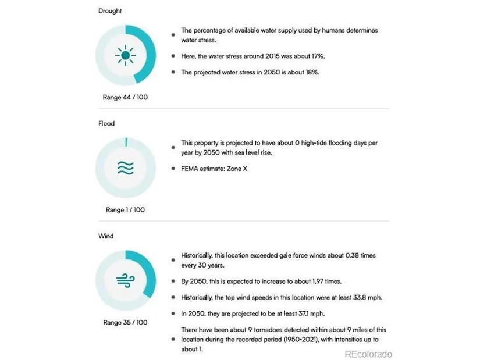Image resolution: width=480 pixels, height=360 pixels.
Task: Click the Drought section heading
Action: click(111, 11)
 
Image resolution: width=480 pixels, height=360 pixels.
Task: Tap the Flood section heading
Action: click(106, 123)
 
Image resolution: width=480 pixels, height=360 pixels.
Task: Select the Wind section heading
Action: click(106, 236)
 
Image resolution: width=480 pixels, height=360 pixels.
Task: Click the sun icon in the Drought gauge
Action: click(125, 56)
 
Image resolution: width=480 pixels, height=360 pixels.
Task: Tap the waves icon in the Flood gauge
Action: click(125, 168)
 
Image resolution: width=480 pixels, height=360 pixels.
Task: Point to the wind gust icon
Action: click(125, 280)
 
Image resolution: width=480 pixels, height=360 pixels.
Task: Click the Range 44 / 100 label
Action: click(125, 97)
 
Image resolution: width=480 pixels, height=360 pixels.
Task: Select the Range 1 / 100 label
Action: click(125, 209)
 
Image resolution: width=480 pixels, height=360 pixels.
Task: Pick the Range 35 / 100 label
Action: click(125, 322)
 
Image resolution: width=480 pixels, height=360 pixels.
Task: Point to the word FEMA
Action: click(191, 169)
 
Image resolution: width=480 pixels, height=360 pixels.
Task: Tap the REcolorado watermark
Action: click(368, 354)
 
